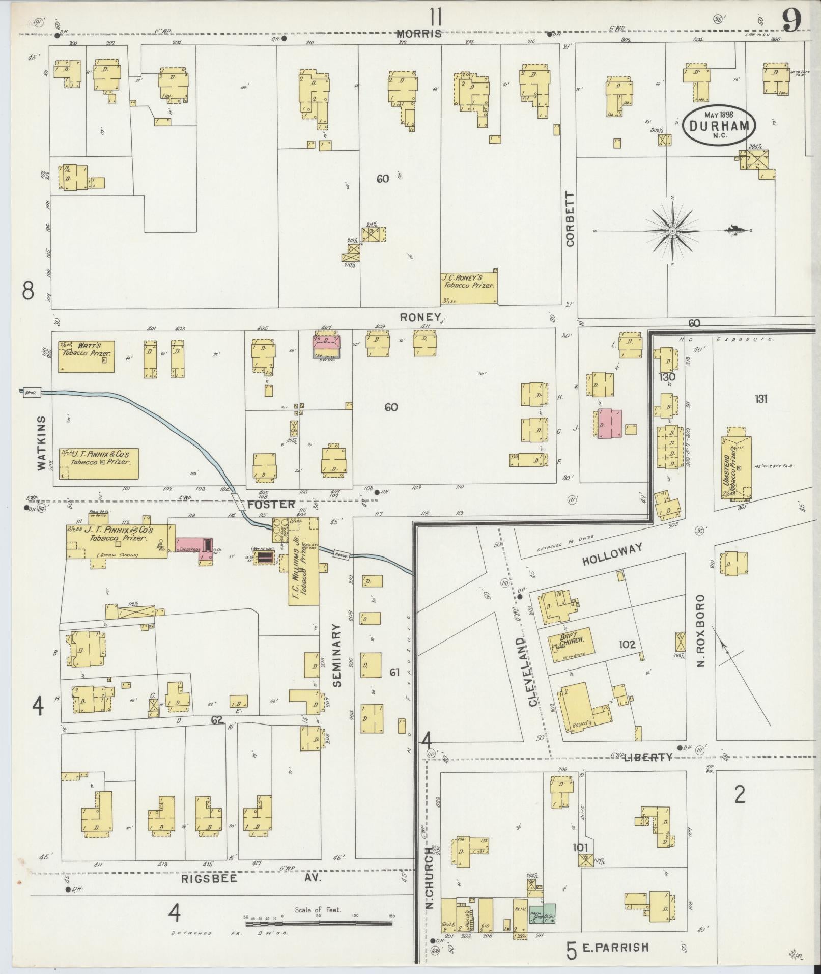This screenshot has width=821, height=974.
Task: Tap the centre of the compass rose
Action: pos(672,231)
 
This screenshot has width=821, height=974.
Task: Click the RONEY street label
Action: pos(419,317)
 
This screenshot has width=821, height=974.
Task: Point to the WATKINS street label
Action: pos(42,442)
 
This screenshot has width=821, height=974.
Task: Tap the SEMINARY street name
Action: pos(337,656)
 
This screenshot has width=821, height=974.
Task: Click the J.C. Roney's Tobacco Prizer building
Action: pos(468,288)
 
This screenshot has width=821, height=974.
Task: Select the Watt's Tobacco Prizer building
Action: pos(86,356)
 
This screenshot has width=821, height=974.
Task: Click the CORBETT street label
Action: pos(570,219)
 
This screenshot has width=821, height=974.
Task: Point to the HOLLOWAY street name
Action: pos(612,553)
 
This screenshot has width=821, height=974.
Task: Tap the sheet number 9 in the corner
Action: pos(792,20)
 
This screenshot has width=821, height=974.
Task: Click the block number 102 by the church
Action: pos(627,645)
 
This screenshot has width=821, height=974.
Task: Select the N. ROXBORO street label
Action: pos(700,631)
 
